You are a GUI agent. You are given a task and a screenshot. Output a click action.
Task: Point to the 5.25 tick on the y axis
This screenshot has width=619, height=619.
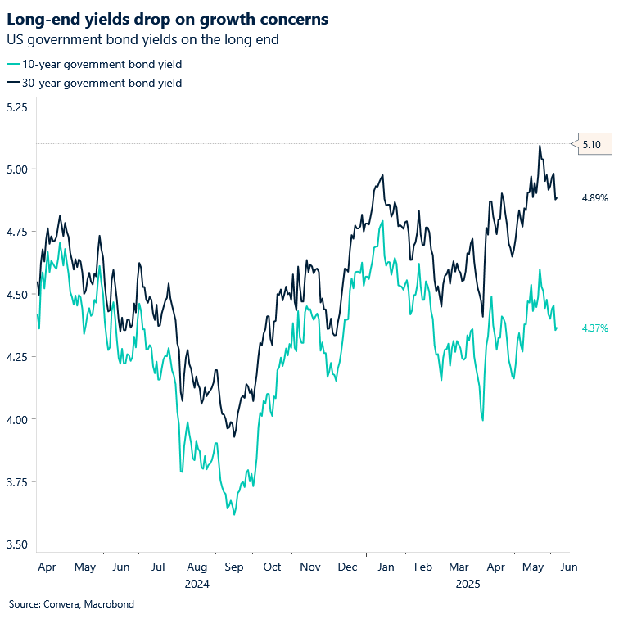(x=16, y=106)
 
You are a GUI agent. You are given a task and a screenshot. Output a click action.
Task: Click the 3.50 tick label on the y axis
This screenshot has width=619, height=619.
(x=16, y=544)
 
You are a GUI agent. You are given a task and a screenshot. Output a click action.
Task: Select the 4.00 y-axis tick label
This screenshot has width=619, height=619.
(x=16, y=419)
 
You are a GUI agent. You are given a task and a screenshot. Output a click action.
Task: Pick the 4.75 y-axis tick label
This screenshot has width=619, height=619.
(x=16, y=232)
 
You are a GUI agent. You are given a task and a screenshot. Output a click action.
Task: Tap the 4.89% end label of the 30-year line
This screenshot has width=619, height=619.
(x=594, y=198)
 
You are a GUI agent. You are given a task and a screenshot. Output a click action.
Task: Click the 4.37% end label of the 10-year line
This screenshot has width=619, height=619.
(x=594, y=328)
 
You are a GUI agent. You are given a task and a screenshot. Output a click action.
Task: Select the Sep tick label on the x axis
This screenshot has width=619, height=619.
(x=233, y=567)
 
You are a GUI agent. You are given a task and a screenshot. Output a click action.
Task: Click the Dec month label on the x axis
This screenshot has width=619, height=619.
(x=347, y=567)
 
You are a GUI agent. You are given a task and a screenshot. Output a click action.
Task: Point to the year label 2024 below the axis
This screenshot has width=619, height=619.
(x=197, y=585)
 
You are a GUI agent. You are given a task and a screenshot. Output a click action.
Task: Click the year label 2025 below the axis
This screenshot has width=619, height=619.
(x=468, y=585)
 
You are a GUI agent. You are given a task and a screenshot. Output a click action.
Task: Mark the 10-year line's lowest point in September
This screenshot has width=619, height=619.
(x=234, y=515)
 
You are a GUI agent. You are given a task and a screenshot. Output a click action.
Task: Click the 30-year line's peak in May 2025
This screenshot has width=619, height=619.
(x=540, y=147)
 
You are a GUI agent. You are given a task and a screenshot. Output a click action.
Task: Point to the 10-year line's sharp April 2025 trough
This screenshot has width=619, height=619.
(x=483, y=420)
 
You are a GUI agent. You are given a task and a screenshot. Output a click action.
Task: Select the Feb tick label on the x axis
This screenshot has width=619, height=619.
(x=422, y=567)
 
